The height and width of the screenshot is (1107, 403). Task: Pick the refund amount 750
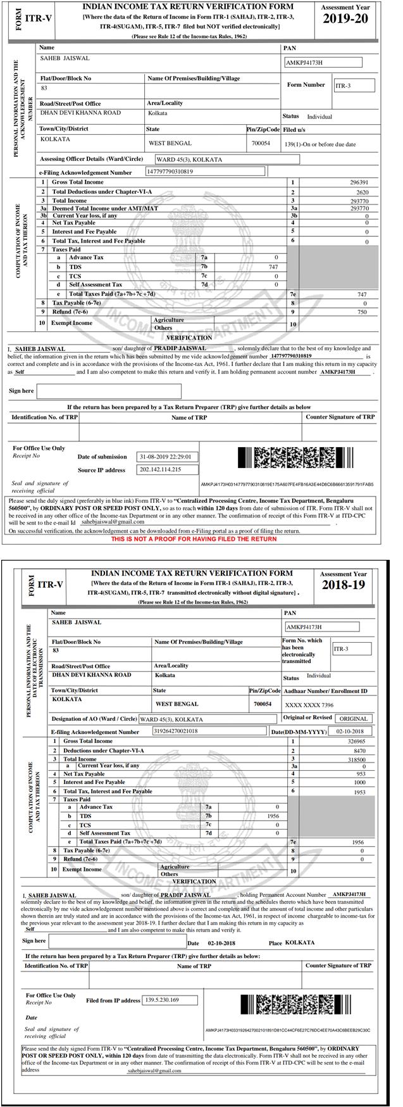point(361,312)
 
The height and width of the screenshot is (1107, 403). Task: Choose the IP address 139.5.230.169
point(163,1000)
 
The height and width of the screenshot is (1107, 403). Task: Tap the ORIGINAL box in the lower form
point(354,719)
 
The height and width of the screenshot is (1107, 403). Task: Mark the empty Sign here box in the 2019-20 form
point(109,391)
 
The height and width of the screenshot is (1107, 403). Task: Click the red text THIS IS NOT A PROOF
point(194,539)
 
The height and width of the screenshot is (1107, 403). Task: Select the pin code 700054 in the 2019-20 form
point(261,143)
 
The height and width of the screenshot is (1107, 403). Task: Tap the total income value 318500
point(353,759)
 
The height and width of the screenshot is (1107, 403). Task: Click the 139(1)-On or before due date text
point(320,144)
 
